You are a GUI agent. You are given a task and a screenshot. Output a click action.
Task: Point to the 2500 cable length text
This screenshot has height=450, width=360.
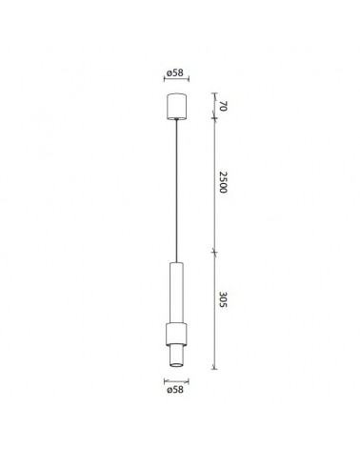pos(221,184)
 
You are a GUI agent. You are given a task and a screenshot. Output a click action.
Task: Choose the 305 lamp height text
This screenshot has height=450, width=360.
pos(221,311)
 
